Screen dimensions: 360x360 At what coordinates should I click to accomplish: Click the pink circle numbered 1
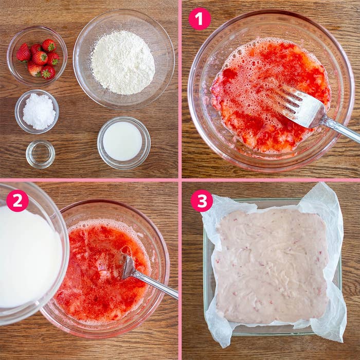[x=200, y=19]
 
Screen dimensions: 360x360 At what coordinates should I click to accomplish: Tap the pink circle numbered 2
[x=17, y=201]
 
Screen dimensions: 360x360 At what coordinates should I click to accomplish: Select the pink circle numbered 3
[x=202, y=201]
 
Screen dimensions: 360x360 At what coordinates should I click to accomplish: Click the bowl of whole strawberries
[x=37, y=56]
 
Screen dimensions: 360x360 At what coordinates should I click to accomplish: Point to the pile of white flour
[x=123, y=62]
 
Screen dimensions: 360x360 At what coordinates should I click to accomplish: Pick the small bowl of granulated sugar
[x=37, y=112]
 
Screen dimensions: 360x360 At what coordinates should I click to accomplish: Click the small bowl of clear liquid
[x=41, y=154]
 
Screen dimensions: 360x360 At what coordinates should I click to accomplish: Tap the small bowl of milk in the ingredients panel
[x=124, y=143]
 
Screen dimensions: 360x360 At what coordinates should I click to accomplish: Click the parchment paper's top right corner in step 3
[x=326, y=183]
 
